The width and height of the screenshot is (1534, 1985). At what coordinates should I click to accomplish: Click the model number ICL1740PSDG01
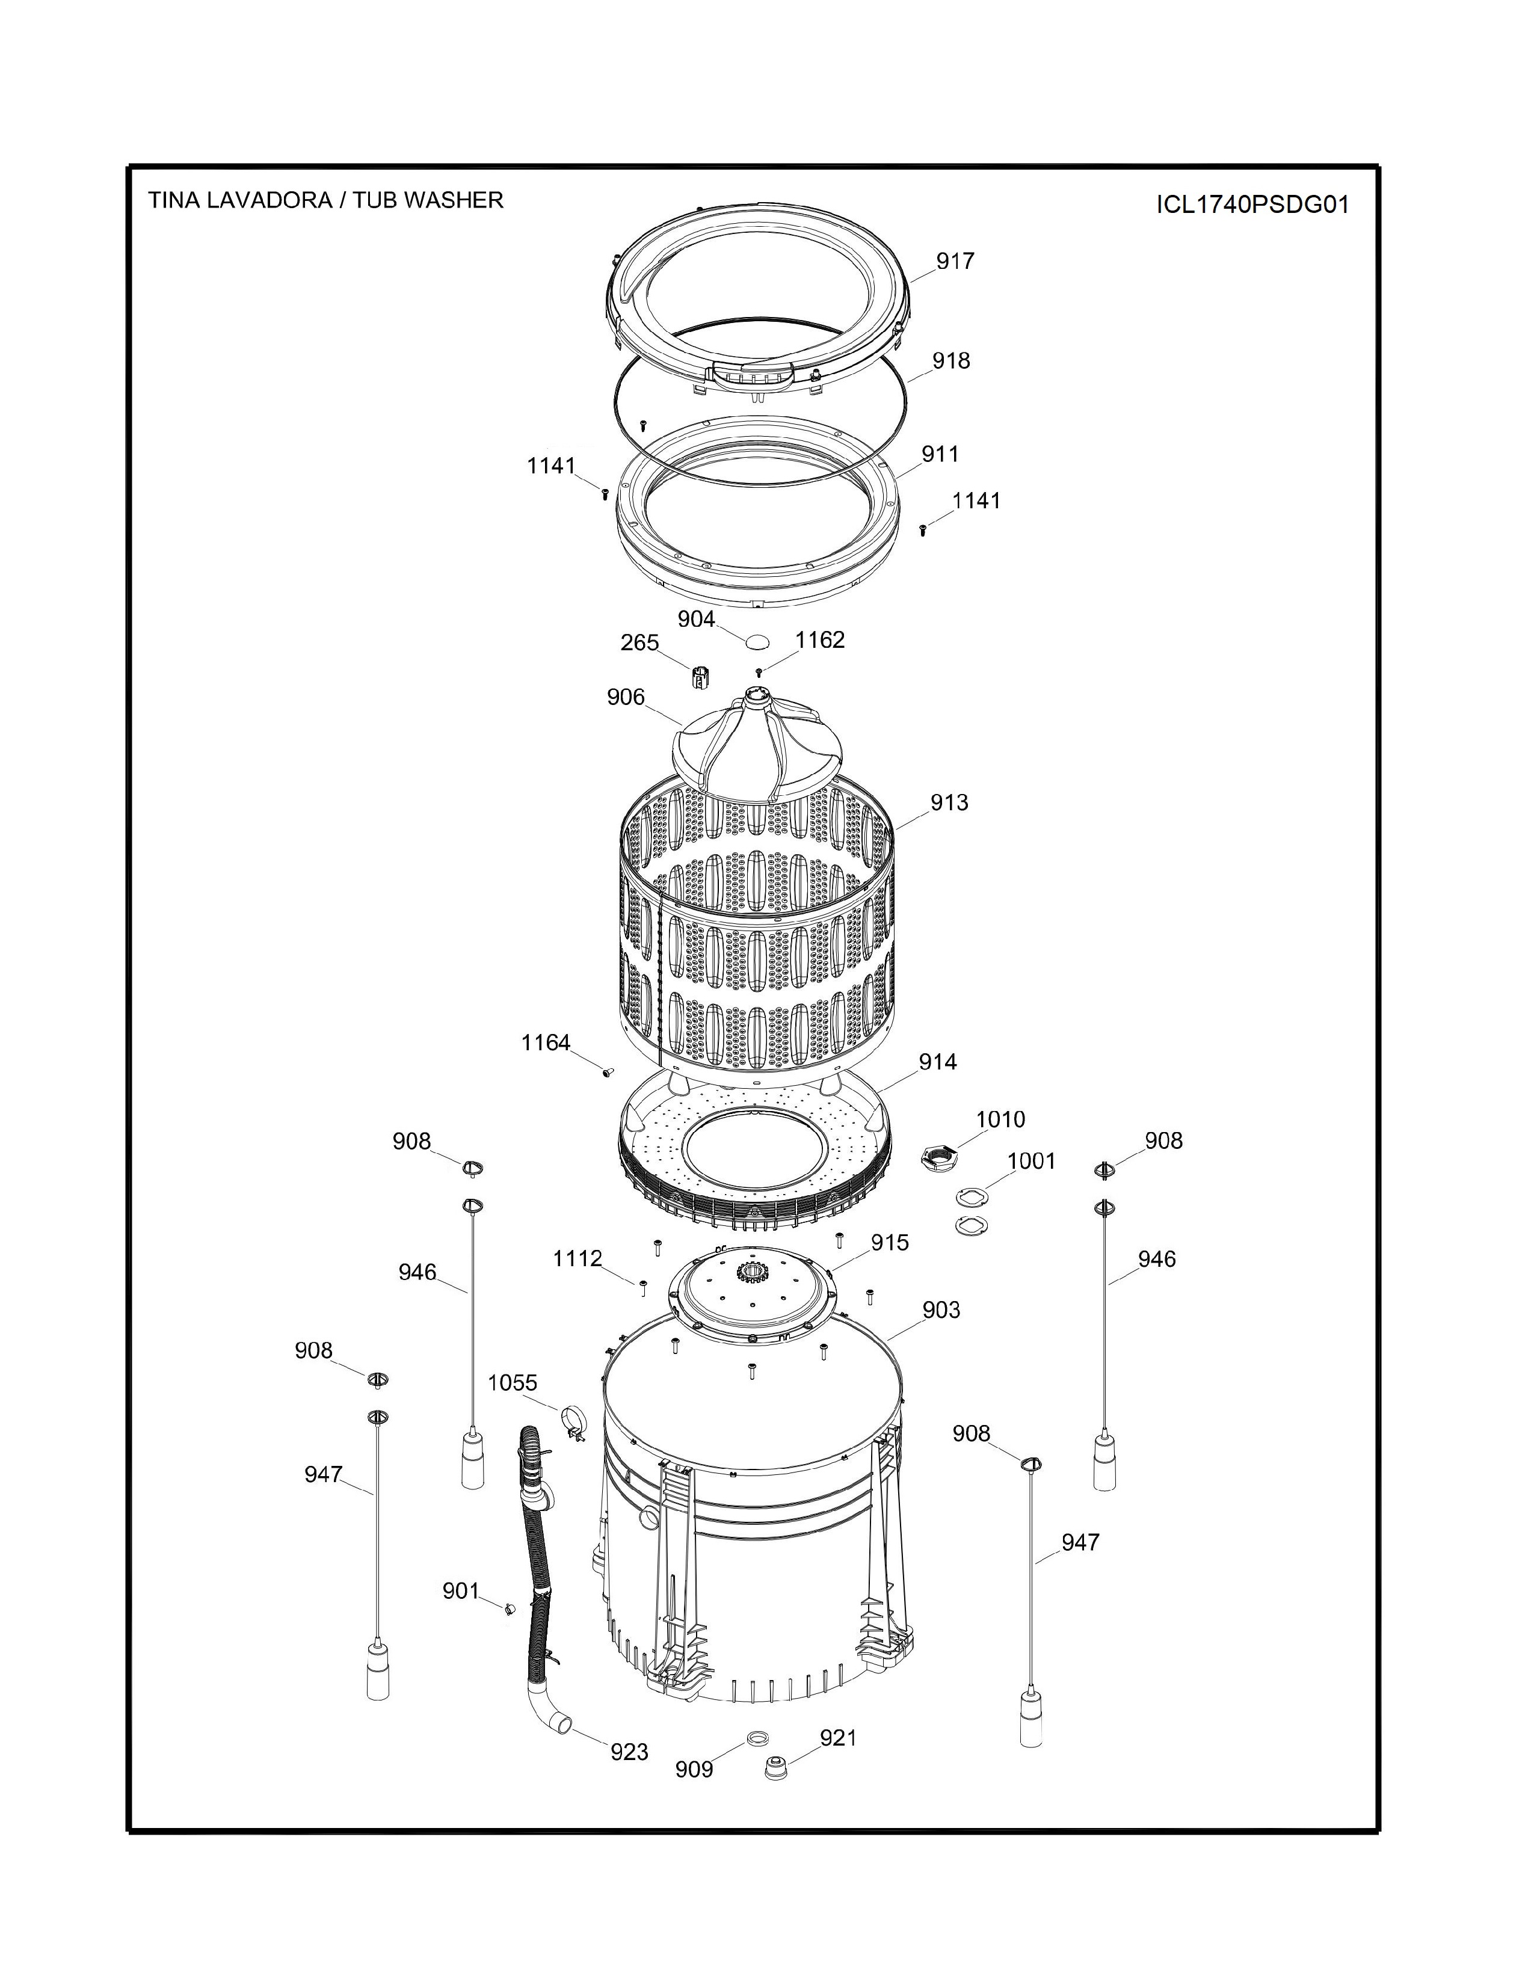point(1252,205)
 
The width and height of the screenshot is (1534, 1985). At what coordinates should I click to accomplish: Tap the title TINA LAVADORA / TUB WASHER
point(325,200)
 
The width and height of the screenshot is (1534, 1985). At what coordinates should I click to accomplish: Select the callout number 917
point(955,261)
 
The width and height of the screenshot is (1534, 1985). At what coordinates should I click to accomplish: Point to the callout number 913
point(949,802)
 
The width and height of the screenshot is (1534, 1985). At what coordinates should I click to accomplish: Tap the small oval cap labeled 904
point(757,642)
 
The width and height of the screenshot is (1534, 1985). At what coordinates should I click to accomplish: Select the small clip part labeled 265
point(700,677)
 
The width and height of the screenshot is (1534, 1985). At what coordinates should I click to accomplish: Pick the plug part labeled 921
point(775,1768)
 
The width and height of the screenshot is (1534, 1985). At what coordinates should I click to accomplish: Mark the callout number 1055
point(513,1382)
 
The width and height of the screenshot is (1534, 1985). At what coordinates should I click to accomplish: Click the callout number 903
point(941,1309)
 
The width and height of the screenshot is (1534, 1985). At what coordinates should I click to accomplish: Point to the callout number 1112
point(578,1259)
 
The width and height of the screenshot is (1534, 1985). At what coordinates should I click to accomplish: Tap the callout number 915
point(890,1243)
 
